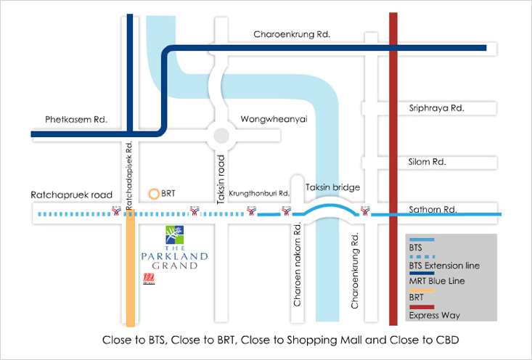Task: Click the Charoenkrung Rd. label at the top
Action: click(x=291, y=34)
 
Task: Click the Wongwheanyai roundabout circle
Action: click(x=220, y=134)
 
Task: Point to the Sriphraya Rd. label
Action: click(x=436, y=107)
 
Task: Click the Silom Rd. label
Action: click(x=428, y=161)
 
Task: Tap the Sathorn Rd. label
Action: click(x=433, y=209)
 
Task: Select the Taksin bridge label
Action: click(x=332, y=187)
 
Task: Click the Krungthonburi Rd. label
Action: click(x=259, y=194)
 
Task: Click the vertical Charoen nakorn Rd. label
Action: click(x=298, y=264)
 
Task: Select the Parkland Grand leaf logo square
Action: click(x=175, y=234)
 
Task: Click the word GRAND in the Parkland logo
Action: click(x=175, y=266)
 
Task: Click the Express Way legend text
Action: click(x=434, y=315)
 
